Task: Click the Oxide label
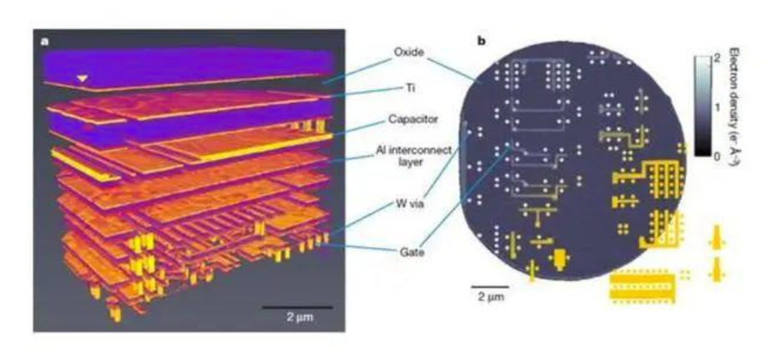408,52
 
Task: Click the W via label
408,203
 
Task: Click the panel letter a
45,42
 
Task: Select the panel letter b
481,42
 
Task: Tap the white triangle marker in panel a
83,78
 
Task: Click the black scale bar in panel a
297,307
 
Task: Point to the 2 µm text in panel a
300,317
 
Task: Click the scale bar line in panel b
490,287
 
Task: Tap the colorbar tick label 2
718,58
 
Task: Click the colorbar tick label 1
718,107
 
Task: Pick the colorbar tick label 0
718,156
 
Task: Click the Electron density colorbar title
734,106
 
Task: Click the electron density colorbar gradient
703,106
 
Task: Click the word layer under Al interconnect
421,161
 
